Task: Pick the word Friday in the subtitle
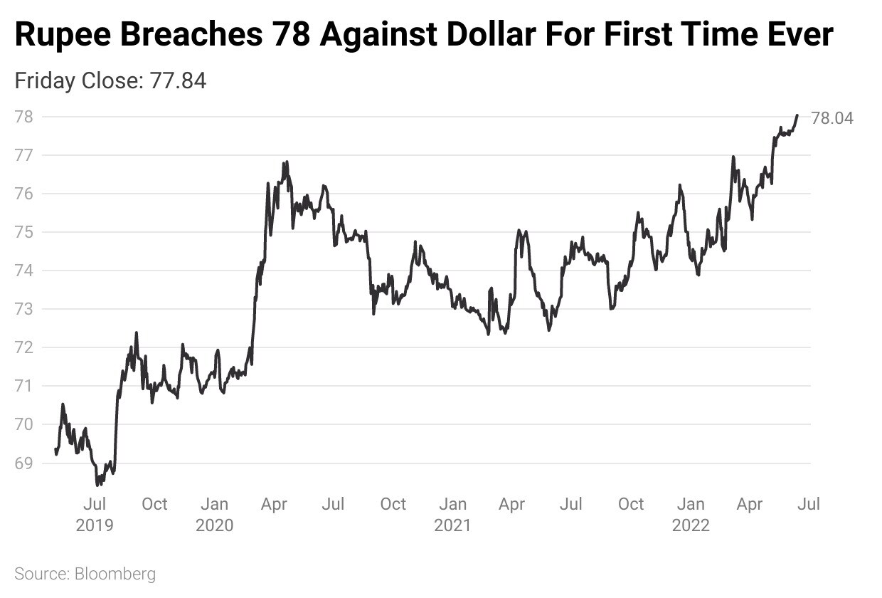(44, 80)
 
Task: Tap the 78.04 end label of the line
(832, 118)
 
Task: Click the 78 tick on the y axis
(25, 117)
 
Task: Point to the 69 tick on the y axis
(25, 463)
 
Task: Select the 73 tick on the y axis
(25, 309)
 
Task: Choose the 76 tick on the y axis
(25, 194)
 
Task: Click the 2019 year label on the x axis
(95, 525)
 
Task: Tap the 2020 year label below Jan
(214, 525)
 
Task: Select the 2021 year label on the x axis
(452, 525)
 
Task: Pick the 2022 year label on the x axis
(691, 525)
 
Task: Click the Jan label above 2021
(452, 505)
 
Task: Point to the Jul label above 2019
(95, 505)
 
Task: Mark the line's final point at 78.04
(797, 115)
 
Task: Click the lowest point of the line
(97, 485)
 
